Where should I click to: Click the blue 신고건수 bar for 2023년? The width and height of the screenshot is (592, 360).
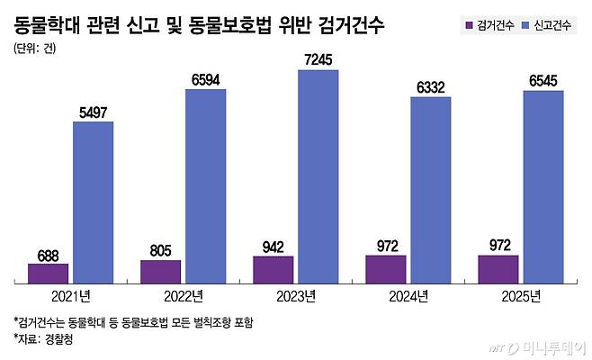coord(318,176)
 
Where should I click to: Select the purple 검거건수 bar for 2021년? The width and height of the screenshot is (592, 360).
coord(48,274)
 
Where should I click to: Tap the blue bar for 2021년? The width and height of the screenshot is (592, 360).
coord(93,202)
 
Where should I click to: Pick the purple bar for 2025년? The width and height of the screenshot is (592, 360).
coord(498,269)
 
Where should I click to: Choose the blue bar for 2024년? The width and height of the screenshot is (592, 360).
coord(430,190)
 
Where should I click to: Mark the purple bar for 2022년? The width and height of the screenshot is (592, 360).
coord(160,272)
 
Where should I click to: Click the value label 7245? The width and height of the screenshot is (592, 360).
coord(318,59)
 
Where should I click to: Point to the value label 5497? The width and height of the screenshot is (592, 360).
coord(93,112)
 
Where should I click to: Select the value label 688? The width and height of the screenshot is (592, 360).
coord(48,254)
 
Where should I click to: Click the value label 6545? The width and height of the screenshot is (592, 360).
coord(543,81)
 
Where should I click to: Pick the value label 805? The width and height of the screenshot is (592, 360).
coord(160,250)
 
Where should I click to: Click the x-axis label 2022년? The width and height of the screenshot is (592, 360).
coord(183,296)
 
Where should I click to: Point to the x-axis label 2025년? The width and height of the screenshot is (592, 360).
coord(520,296)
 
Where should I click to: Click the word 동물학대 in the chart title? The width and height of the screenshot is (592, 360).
coord(49,22)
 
